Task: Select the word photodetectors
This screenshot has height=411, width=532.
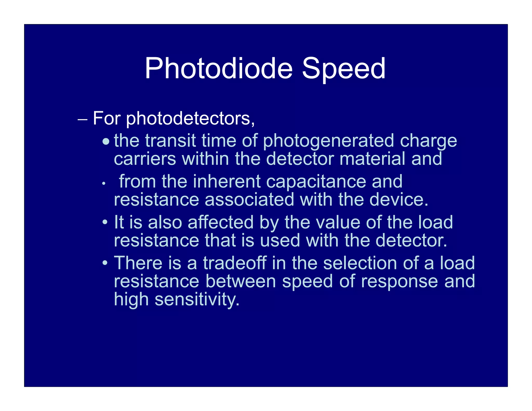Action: [x=190, y=119]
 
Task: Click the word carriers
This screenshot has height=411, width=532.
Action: [x=145, y=159]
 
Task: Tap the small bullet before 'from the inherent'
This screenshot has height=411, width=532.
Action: [x=103, y=184]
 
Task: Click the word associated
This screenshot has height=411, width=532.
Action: [x=249, y=200]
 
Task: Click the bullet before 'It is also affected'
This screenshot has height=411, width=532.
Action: [x=104, y=222]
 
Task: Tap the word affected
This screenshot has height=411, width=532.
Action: [x=220, y=222]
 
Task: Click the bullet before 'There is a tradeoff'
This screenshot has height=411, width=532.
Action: [x=104, y=263]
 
